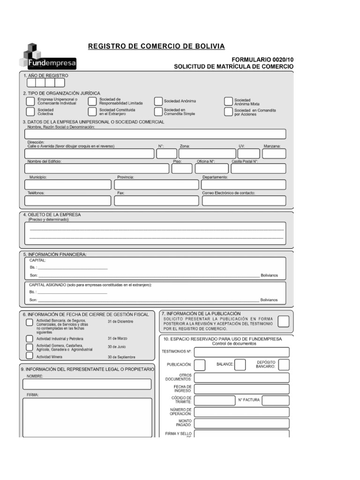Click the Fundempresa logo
pos(47,56)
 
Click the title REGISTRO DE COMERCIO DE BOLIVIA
pos(157,46)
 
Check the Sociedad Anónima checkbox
pos(158,101)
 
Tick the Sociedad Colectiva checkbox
pos(30,112)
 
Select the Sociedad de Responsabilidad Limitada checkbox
pos(92,101)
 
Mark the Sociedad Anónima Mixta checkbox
pos(228,102)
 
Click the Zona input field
pos(207,154)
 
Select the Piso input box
pos(181,169)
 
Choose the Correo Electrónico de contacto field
pos(244,201)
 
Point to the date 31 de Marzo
pos(117,338)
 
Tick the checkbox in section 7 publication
pos(284,321)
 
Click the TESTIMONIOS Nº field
pos(241,352)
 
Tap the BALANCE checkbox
pos(240,364)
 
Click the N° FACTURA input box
pos(276,400)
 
